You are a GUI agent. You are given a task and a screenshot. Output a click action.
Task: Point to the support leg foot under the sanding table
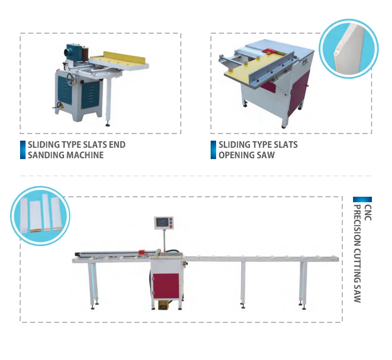pyautogui.click(x=108, y=123)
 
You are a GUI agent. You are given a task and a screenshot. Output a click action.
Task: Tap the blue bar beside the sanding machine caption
pyautogui.click(x=23, y=150)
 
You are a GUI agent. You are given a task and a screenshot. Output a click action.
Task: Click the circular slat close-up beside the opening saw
pyautogui.click(x=348, y=48)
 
